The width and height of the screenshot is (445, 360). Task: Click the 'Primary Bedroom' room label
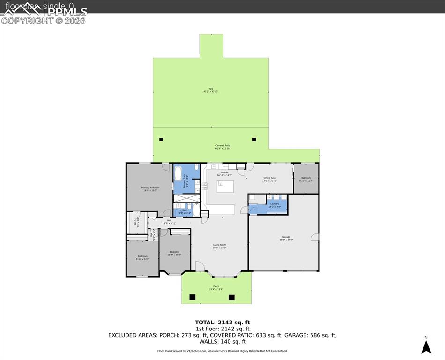[150, 187]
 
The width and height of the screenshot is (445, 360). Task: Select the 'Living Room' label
[220, 245]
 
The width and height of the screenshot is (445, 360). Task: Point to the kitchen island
[225, 186]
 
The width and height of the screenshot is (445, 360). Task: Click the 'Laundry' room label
[274, 204]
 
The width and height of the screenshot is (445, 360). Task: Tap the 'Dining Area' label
[269, 178]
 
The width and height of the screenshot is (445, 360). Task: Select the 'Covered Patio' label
[222, 146]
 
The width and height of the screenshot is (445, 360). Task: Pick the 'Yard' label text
[211, 89]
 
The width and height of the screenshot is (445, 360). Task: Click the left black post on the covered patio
[161, 139]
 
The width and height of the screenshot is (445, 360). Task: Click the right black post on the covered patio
[254, 139]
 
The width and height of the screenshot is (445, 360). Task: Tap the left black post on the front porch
[192, 297]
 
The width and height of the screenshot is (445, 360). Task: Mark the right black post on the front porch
[231, 297]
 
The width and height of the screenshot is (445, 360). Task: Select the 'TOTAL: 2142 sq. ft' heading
[222, 322]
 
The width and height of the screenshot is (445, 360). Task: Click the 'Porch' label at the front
[216, 286]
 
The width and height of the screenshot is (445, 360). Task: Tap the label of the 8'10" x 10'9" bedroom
[306, 178]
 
